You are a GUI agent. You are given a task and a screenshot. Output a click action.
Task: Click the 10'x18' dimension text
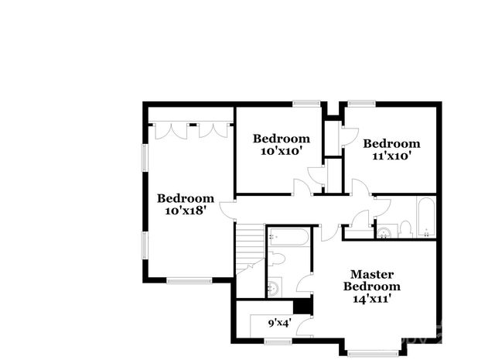tap(185, 210)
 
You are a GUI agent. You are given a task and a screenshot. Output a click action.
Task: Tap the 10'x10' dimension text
tap(279, 151)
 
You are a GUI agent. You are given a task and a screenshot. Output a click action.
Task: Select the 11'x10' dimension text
tap(391, 155)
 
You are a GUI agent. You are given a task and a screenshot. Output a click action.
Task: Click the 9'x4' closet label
tap(278, 323)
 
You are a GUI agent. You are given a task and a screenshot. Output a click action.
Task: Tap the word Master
tap(373, 274)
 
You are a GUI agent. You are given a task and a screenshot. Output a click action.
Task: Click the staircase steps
tap(249, 246)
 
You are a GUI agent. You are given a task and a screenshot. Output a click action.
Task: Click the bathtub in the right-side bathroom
tap(427, 218)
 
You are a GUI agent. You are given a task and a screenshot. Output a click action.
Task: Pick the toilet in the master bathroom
tap(279, 259)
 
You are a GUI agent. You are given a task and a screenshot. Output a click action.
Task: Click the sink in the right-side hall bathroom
tap(384, 230)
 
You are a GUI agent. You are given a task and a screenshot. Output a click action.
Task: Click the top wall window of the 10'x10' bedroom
tap(307, 104)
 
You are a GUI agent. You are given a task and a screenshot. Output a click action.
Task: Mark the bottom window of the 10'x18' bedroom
tap(189, 279)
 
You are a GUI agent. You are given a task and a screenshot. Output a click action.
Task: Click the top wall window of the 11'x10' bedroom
tap(360, 104)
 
